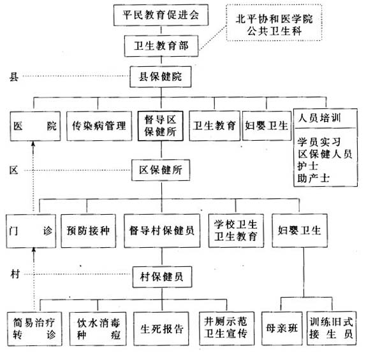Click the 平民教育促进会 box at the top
[x=161, y=15]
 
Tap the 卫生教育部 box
[x=161, y=45]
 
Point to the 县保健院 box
[x=161, y=76]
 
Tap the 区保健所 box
[x=161, y=171]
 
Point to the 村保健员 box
[x=161, y=275]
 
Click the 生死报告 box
[x=161, y=329]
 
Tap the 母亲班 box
[x=279, y=329]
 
